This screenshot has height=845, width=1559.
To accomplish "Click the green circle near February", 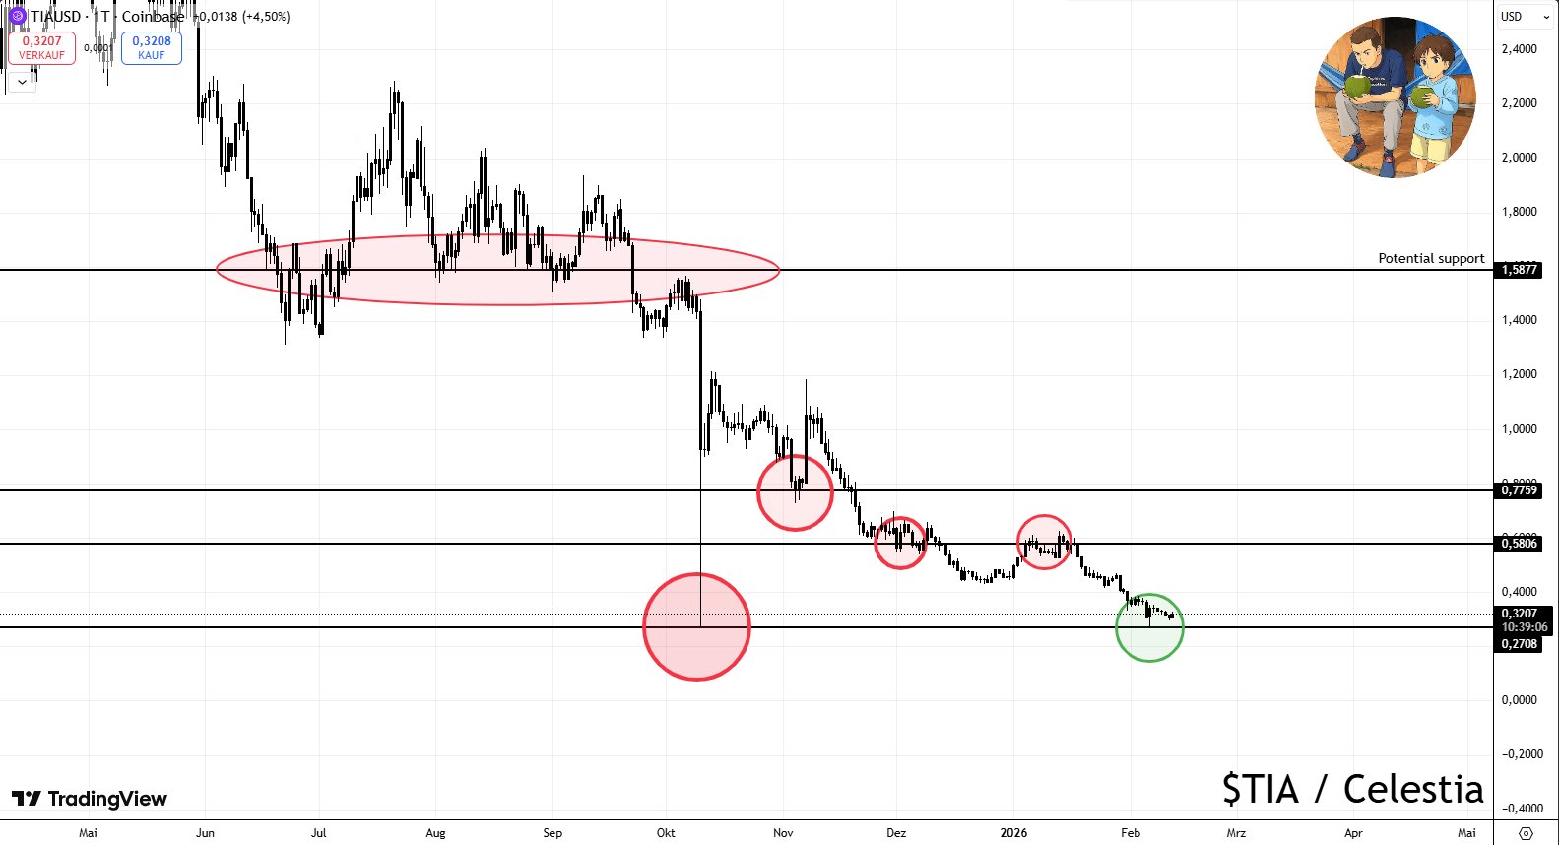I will point(1149,627).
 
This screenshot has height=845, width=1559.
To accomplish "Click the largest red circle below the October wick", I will point(696,626).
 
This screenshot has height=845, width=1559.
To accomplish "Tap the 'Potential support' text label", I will point(1430,258).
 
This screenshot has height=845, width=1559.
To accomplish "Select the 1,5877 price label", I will point(1519,270).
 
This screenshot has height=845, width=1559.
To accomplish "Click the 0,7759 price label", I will point(1519,490).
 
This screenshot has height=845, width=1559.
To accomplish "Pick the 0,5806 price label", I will point(1519,544).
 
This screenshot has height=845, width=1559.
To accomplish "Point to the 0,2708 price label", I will point(1519,644).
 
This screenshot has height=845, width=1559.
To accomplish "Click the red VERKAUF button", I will point(41,47).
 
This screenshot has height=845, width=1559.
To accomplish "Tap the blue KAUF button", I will point(152,47).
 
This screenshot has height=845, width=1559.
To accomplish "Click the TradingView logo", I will point(90,799).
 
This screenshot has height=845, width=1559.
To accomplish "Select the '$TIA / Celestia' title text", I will point(1352,789).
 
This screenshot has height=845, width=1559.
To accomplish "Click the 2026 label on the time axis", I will point(1013,833).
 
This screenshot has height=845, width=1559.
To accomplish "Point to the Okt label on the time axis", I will point(666,833).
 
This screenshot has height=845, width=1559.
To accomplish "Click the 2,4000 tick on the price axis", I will point(1519,49).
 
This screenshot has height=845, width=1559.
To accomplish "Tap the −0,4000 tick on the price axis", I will point(1522,809).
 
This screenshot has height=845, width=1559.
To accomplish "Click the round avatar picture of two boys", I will point(1395,97).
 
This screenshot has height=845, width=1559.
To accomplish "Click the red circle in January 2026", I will point(1044,542).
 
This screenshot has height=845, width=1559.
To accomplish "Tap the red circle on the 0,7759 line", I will point(795,492).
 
